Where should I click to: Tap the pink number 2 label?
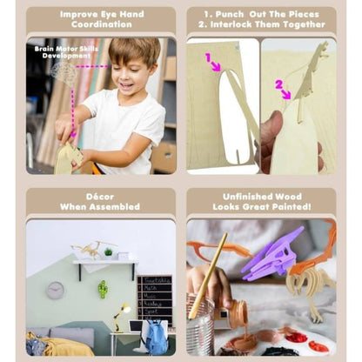(x=280, y=84)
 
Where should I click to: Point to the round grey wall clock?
(x=55, y=290)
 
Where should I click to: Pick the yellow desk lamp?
(x=120, y=313)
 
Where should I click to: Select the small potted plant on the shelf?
(x=108, y=251)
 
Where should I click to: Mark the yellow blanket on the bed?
(x=61, y=348)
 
